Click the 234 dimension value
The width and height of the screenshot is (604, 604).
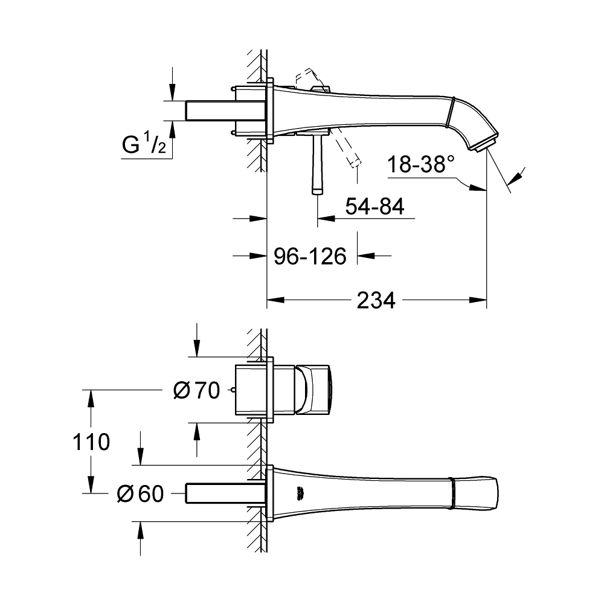coord(376,300)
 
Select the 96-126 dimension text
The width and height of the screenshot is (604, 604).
coord(310,257)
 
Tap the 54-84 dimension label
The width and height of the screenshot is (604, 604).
coord(374,207)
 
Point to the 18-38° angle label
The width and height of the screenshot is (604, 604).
coord(420,164)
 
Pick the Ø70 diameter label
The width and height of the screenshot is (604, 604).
coord(196,391)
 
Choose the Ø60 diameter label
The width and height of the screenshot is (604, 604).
coord(140,494)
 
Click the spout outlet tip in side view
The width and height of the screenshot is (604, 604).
coord(488,143)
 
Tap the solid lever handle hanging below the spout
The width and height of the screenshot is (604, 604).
coord(316,166)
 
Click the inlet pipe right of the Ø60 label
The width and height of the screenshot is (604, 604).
coord(217,493)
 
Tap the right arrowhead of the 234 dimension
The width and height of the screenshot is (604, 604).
coord(480,300)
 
